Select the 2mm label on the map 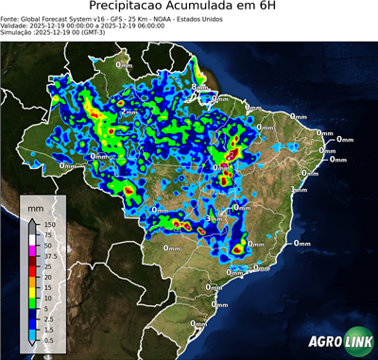pos(129,111)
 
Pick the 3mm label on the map pos(215,219)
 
